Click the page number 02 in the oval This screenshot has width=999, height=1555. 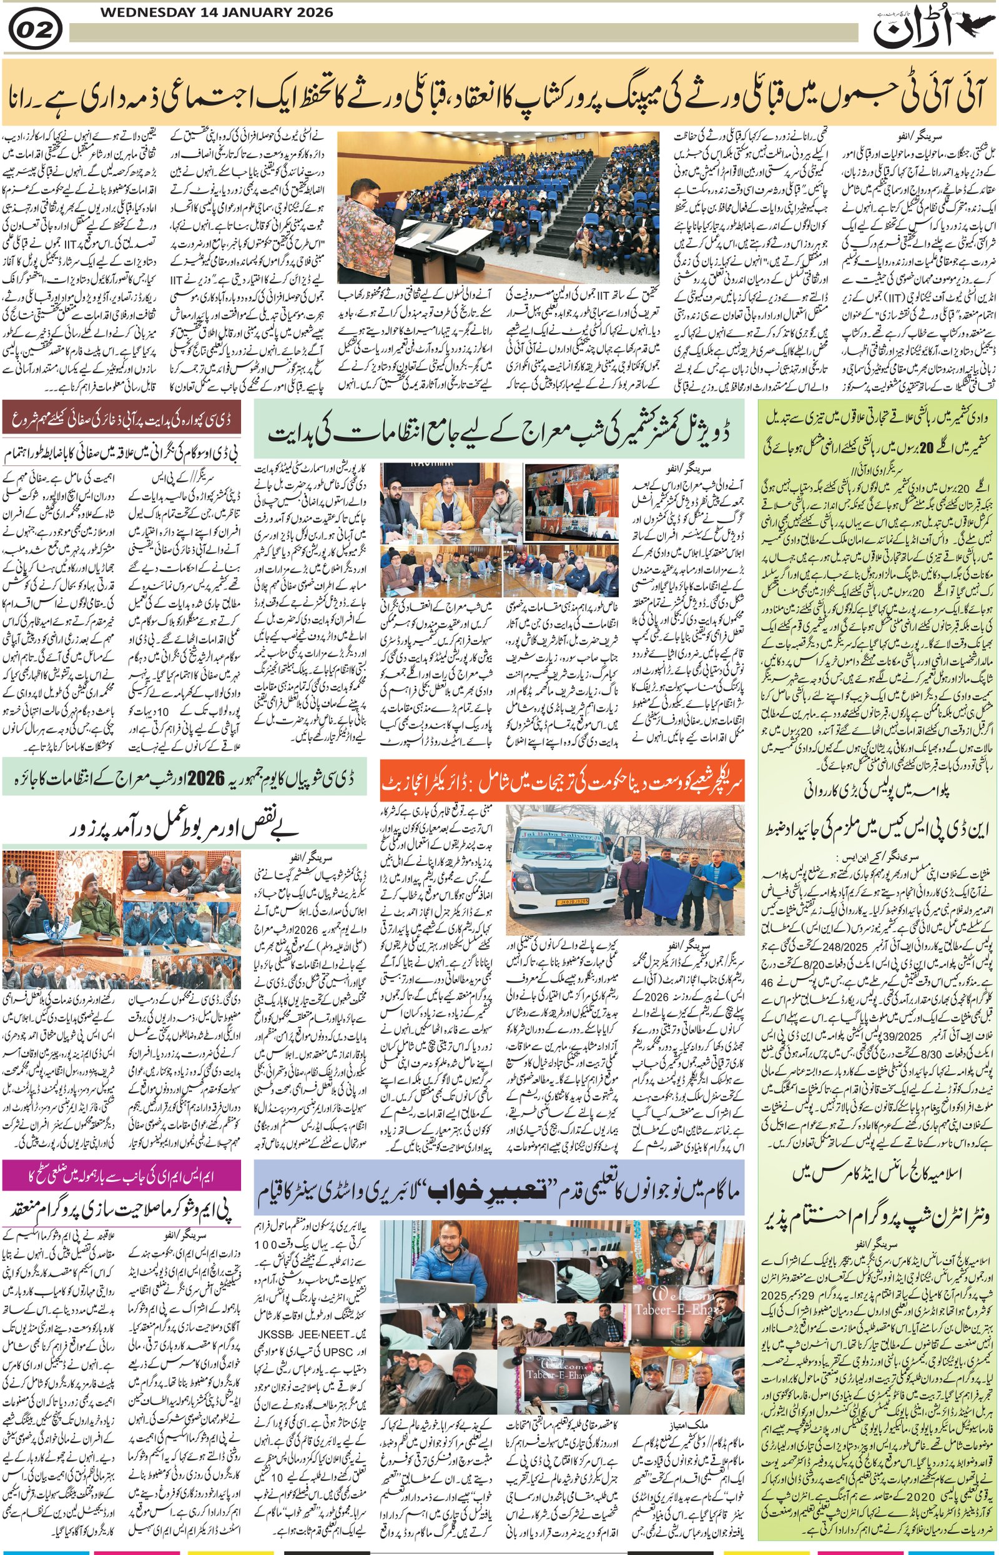[35, 31]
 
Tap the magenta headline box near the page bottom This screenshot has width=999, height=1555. [121, 1174]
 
